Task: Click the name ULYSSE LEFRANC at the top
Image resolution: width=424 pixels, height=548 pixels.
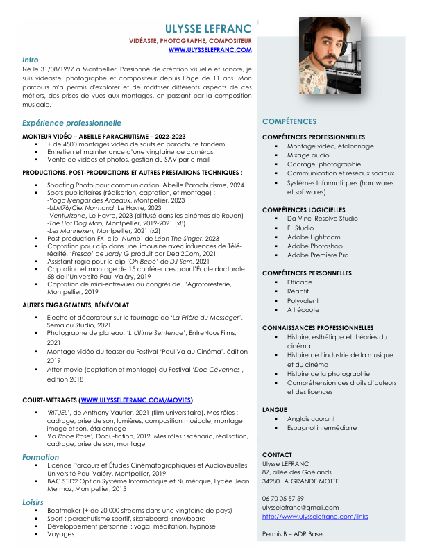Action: [208, 28]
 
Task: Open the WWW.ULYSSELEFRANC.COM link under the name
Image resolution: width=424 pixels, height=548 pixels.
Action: [210, 51]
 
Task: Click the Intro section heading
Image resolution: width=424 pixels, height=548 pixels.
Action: [30, 60]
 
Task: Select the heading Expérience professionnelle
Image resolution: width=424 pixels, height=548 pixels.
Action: [67, 123]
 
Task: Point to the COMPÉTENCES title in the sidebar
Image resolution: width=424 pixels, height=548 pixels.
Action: [289, 121]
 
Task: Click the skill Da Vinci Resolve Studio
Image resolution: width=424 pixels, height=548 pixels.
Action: [323, 219]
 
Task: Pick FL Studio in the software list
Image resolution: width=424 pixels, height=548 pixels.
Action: [300, 228]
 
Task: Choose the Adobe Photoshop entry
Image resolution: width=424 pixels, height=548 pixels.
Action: [315, 246]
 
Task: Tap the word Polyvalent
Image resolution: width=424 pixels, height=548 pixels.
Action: [303, 301]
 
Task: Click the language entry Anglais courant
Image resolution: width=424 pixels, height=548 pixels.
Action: [311, 419]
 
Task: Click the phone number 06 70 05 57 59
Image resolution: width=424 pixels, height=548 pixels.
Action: [283, 499]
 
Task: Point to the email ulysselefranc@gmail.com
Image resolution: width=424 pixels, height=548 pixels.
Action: [300, 508]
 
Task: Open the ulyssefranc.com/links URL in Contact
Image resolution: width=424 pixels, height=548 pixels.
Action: [315, 517]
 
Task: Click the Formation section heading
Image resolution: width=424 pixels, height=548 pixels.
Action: [40, 458]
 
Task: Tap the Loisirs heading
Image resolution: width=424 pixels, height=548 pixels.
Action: [33, 502]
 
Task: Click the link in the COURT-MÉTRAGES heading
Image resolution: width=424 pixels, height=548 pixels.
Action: [136, 400]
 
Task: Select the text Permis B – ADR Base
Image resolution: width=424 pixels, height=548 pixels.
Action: [292, 534]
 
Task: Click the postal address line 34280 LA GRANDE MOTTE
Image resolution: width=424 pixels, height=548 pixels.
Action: [300, 481]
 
